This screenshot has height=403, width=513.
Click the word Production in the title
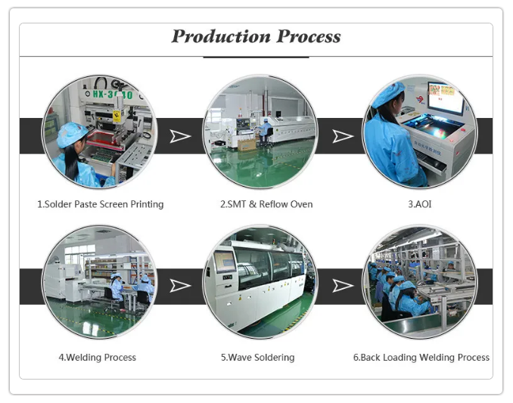tap(221, 36)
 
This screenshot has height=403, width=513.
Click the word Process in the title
tap(308, 36)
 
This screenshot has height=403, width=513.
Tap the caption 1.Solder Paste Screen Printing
tap(100, 204)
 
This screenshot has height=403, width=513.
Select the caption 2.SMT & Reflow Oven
tap(266, 204)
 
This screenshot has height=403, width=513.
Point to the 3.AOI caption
tap(420, 204)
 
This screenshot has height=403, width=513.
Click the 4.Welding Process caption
tap(97, 357)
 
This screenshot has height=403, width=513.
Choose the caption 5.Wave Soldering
tap(257, 357)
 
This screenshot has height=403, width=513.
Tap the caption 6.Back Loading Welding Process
tap(421, 357)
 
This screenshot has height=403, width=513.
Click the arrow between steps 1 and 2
tap(180, 136)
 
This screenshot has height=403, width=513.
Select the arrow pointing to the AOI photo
tap(343, 136)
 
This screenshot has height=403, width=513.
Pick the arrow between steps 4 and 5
tap(180, 286)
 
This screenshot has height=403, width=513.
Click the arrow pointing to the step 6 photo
tap(343, 286)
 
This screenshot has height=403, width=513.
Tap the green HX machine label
tap(113, 95)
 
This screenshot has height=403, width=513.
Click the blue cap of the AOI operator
tap(388, 94)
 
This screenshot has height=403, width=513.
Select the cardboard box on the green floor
tap(247, 144)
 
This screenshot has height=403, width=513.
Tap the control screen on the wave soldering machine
tap(225, 262)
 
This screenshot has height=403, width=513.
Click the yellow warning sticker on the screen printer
tap(117, 116)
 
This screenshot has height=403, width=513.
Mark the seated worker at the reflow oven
tap(264, 131)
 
